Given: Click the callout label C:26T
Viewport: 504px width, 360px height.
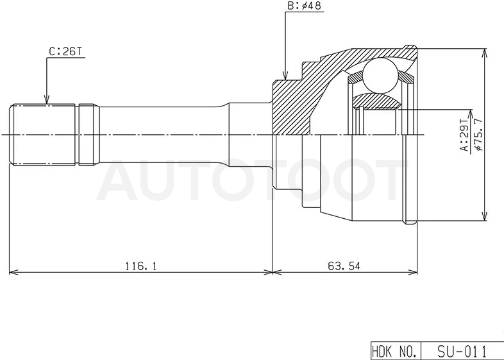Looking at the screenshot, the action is [65, 51].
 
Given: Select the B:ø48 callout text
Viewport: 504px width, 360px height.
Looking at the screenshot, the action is [304, 6].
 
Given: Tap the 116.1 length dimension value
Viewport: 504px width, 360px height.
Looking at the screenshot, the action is [140, 266].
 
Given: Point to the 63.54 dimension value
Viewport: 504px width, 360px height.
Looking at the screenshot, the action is [344, 266].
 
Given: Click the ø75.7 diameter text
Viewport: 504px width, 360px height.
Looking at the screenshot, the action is [478, 135].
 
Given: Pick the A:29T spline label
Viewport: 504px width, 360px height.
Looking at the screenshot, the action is [464, 135].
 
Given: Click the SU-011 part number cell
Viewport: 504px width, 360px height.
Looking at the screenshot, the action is [462, 351].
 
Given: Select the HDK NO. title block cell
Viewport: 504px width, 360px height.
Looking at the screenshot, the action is [396, 351].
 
